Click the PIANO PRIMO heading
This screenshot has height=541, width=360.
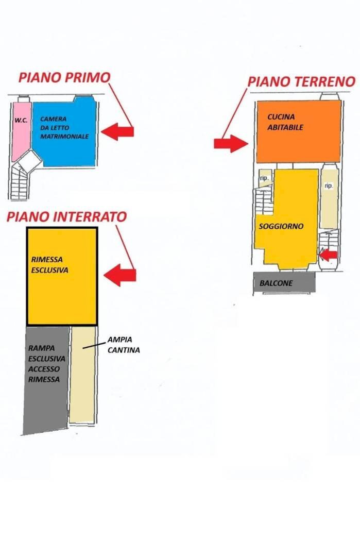click(64, 78)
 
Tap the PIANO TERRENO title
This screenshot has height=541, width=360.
click(301, 81)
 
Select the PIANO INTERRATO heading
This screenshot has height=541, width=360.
click(66, 217)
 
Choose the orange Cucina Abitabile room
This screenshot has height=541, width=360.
click(299, 131)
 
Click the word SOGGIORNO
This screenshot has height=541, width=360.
click(281, 226)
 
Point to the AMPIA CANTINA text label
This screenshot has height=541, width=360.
click(124, 345)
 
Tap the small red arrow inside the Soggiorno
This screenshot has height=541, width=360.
click(328, 254)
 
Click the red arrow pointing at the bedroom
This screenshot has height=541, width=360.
click(117, 132)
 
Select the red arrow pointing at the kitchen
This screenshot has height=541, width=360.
click(231, 143)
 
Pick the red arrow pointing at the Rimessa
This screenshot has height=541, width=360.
click(119, 275)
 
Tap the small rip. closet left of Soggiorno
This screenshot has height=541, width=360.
click(265, 178)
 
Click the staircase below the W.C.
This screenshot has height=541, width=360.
click(22, 183)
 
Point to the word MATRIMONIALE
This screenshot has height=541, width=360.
click(64, 137)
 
